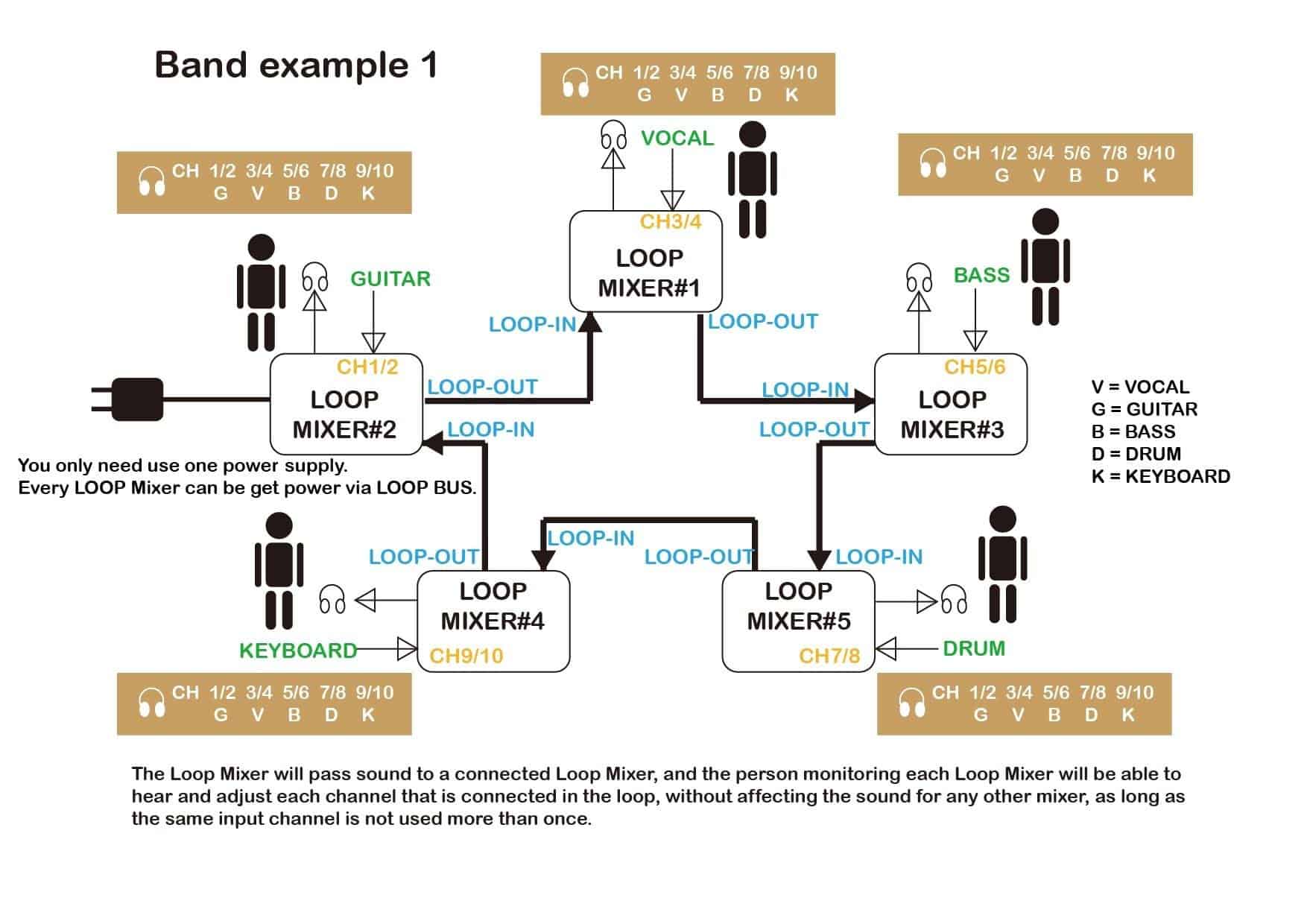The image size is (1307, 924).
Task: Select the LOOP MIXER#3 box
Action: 951,405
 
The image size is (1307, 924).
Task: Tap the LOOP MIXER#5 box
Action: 798,621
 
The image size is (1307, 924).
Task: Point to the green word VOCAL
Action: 677,139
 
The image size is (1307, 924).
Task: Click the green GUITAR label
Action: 390,279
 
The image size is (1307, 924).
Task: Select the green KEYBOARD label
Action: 298,651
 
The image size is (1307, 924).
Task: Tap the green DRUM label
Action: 973,648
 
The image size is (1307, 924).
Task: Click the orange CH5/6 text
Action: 974,367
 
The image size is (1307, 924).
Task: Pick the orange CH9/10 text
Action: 466,656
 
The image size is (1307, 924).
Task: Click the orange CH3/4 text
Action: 671,221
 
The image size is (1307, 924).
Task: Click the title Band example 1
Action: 295,66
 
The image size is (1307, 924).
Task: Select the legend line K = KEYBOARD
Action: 1160,476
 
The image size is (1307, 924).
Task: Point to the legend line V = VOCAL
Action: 1140,387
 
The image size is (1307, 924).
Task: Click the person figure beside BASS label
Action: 1045,267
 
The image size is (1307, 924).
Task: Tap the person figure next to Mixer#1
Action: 753,180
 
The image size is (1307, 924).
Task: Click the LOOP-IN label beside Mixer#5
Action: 879,557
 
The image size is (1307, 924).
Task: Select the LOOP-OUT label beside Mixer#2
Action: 482,387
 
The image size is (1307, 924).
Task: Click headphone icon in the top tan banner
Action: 575,83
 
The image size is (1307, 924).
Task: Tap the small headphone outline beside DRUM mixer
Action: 953,600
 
